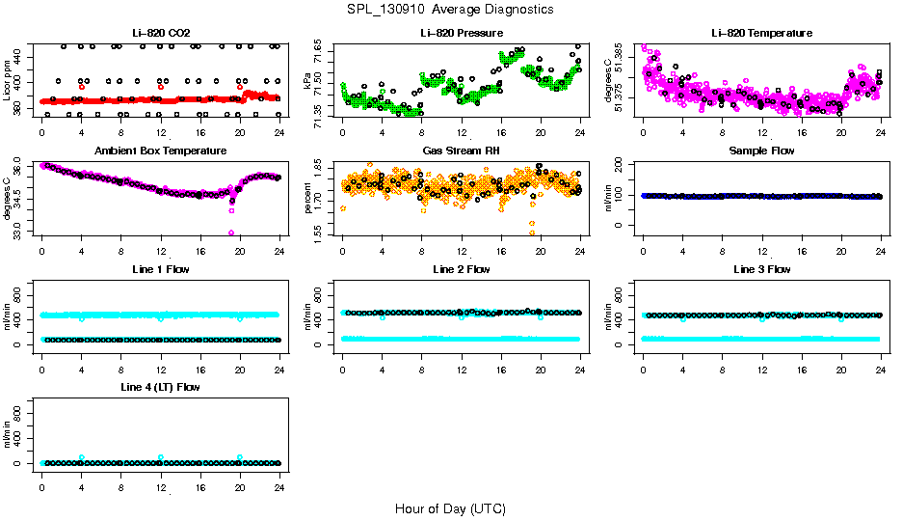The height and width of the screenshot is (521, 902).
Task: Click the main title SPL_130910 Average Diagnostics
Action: coord(451,10)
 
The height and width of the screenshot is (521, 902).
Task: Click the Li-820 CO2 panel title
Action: coord(161,33)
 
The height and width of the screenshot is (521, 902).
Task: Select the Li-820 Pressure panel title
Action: coord(462,33)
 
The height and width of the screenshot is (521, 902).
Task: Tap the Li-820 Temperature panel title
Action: coord(761,33)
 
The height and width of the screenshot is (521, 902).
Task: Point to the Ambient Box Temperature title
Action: coord(161,151)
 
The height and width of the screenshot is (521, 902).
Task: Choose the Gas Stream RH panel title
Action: coord(462,151)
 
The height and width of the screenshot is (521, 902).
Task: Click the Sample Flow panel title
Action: coord(761,151)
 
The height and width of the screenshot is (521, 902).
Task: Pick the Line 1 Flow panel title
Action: coord(161,269)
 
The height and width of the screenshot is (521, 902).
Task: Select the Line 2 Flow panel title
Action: coord(462,269)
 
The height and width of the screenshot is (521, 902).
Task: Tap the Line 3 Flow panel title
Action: coord(761,269)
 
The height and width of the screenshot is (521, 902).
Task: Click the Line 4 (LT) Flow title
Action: coord(161,387)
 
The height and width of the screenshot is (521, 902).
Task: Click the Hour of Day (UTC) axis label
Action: coord(450,507)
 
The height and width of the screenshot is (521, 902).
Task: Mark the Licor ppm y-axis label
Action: coord(8,82)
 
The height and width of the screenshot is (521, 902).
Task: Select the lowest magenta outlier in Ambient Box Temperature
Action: coord(231,233)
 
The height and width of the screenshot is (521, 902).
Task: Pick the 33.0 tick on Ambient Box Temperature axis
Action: coord(20,232)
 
